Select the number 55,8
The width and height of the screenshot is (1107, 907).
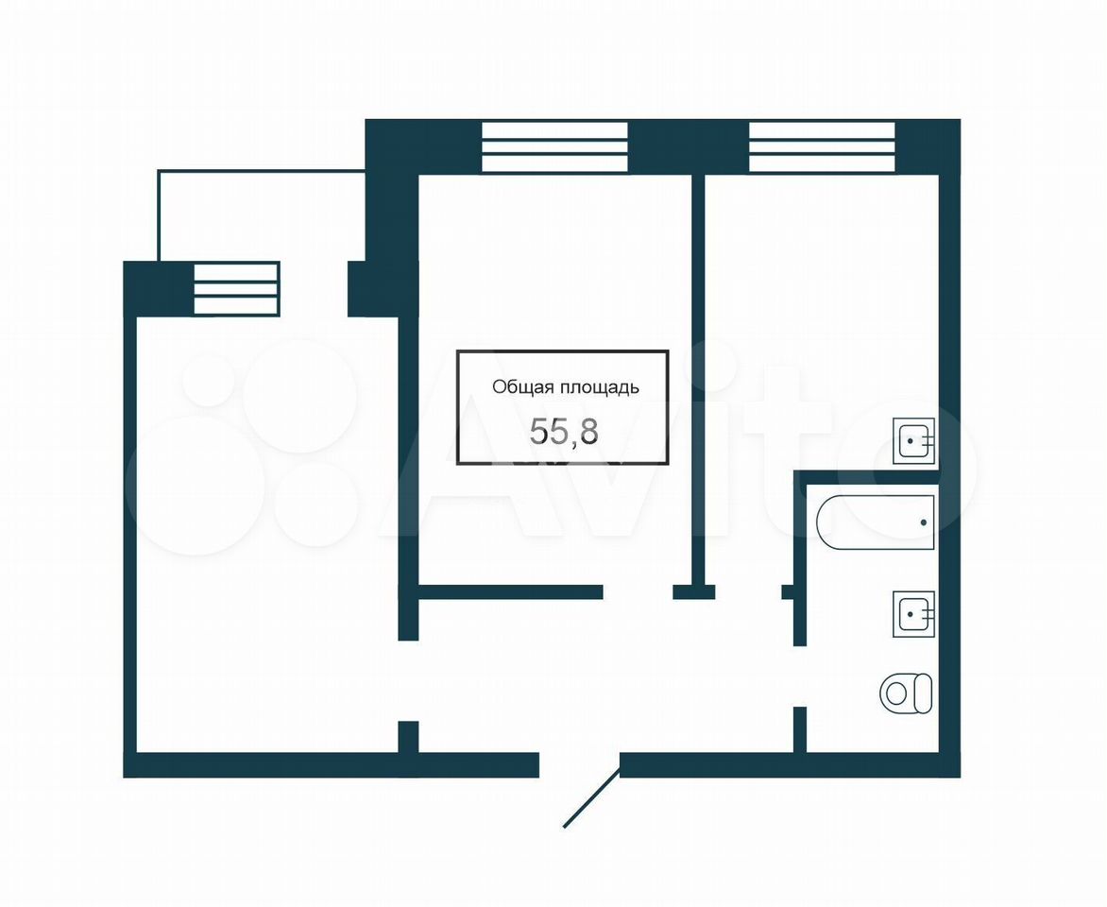tap(564, 431)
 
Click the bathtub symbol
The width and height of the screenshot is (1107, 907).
tap(875, 522)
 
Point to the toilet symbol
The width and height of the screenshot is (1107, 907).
tap(906, 693)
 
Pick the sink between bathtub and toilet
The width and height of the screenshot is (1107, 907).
tap(913, 614)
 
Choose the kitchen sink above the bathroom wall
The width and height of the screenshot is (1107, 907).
tap(913, 441)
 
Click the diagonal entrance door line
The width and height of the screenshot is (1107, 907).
tap(591, 797)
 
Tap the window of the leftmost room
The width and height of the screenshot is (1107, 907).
tap(236, 288)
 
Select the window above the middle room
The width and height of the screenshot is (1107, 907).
tap(554, 147)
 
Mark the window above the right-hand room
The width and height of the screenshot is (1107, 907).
tap(822, 147)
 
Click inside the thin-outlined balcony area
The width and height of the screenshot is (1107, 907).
tap(262, 215)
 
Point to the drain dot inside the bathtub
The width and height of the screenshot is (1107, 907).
tap(924, 522)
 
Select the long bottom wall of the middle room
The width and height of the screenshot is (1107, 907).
tap(511, 592)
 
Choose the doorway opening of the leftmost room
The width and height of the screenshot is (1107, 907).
tap(408, 681)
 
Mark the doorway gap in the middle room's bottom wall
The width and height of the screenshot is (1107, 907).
tap(639, 592)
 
